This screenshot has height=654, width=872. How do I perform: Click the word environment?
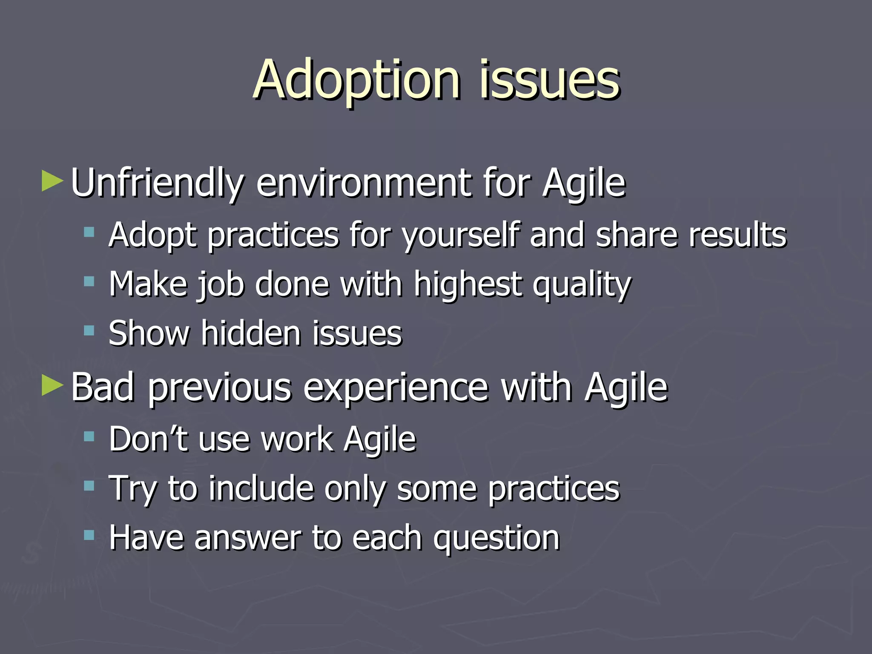pos(364,183)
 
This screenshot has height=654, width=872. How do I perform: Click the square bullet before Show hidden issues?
pos(89,330)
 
